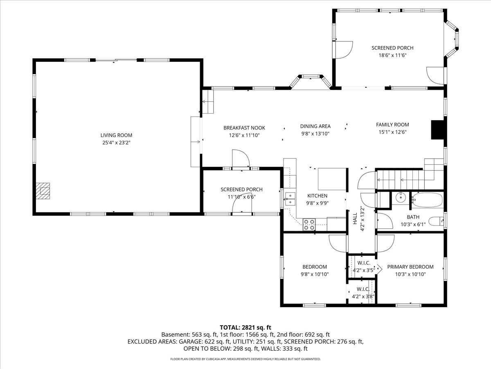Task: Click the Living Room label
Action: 117,135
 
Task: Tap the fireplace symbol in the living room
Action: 43,191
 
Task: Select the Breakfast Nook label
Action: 241,128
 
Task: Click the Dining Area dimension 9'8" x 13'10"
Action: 315,134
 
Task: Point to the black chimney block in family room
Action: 438,130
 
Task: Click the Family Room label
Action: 392,125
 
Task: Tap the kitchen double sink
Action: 291,199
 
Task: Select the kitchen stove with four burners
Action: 309,224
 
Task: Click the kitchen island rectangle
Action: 332,179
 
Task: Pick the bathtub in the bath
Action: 427,200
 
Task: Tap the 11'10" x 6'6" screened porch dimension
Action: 241,197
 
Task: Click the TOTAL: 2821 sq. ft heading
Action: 245,327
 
